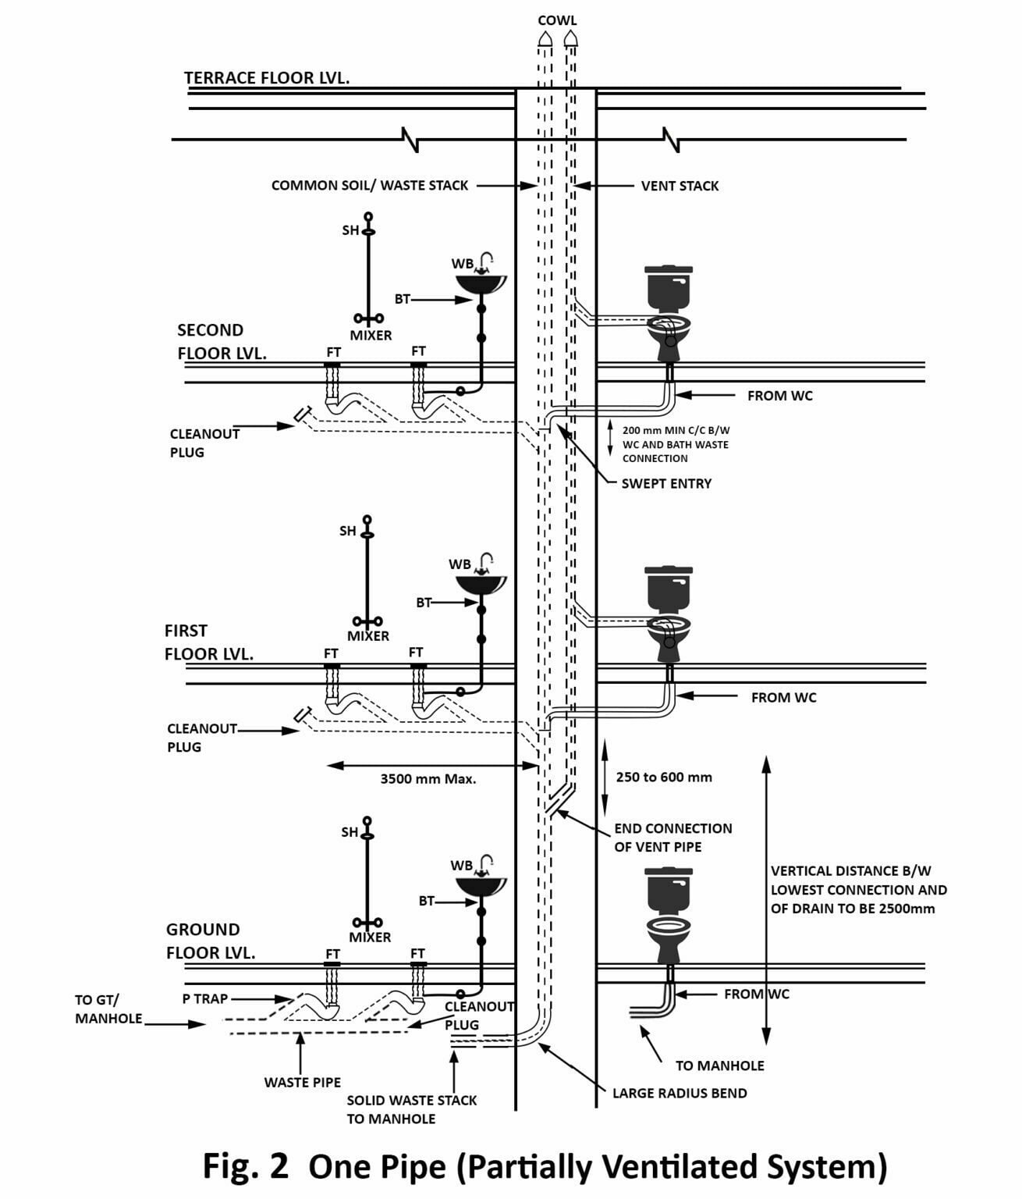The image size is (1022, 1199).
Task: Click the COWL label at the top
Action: coord(557,20)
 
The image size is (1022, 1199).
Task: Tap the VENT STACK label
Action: coord(680,186)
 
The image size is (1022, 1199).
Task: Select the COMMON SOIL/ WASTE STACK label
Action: coord(370,186)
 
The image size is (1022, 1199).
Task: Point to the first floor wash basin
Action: coord(481,585)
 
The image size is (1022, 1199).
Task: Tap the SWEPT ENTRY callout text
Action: coord(666,483)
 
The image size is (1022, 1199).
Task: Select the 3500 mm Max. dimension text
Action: coord(428,778)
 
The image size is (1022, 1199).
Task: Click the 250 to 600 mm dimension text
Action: coord(664,777)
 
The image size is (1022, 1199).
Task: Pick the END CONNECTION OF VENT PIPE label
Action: coord(672,837)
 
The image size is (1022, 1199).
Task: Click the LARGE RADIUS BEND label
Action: coord(680,1093)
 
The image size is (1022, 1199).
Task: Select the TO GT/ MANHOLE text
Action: coord(108,1009)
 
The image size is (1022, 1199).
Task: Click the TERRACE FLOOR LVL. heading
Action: coord(267,77)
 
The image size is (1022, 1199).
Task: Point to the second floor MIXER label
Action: coord(371,335)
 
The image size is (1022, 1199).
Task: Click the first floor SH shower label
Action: coord(347,531)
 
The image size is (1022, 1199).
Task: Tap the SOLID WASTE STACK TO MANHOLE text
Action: coord(411,1108)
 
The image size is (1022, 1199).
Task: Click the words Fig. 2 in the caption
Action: coord(245,1166)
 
